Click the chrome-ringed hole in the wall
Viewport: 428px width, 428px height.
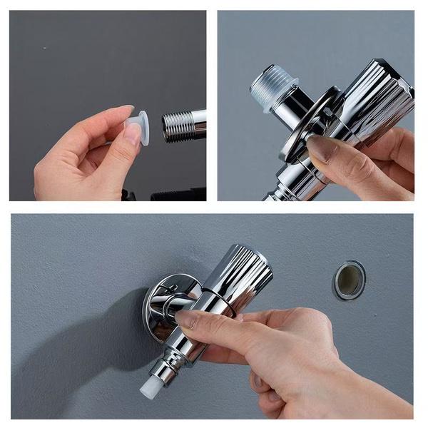coord(349,280)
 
